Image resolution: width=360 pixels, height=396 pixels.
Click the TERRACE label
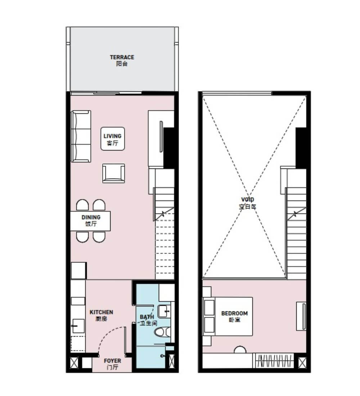coord(122,60)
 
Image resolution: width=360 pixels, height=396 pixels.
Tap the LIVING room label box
coord(113,139)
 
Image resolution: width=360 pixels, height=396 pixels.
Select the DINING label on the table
coord(91,220)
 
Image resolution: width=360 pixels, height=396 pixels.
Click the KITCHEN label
coord(101,315)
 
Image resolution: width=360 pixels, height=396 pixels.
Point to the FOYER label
coord(112,364)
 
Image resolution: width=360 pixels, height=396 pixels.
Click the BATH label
coord(148,320)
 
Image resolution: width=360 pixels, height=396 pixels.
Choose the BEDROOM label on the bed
coord(234,316)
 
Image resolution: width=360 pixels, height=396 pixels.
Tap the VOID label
coord(248,203)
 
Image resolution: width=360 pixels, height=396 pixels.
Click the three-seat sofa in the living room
coord(81,136)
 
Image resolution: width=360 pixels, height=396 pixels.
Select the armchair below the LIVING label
coord(113,173)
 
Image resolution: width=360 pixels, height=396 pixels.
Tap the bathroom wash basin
coord(164,311)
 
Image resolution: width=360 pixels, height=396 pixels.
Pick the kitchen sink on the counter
coord(78,326)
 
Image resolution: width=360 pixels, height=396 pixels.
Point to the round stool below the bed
coord(240,350)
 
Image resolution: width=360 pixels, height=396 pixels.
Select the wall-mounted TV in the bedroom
coord(304,316)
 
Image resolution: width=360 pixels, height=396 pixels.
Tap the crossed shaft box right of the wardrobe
coord(302,363)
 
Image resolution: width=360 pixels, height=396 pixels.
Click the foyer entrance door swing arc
coord(109,336)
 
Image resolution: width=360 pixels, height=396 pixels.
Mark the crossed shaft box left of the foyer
coord(74,363)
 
